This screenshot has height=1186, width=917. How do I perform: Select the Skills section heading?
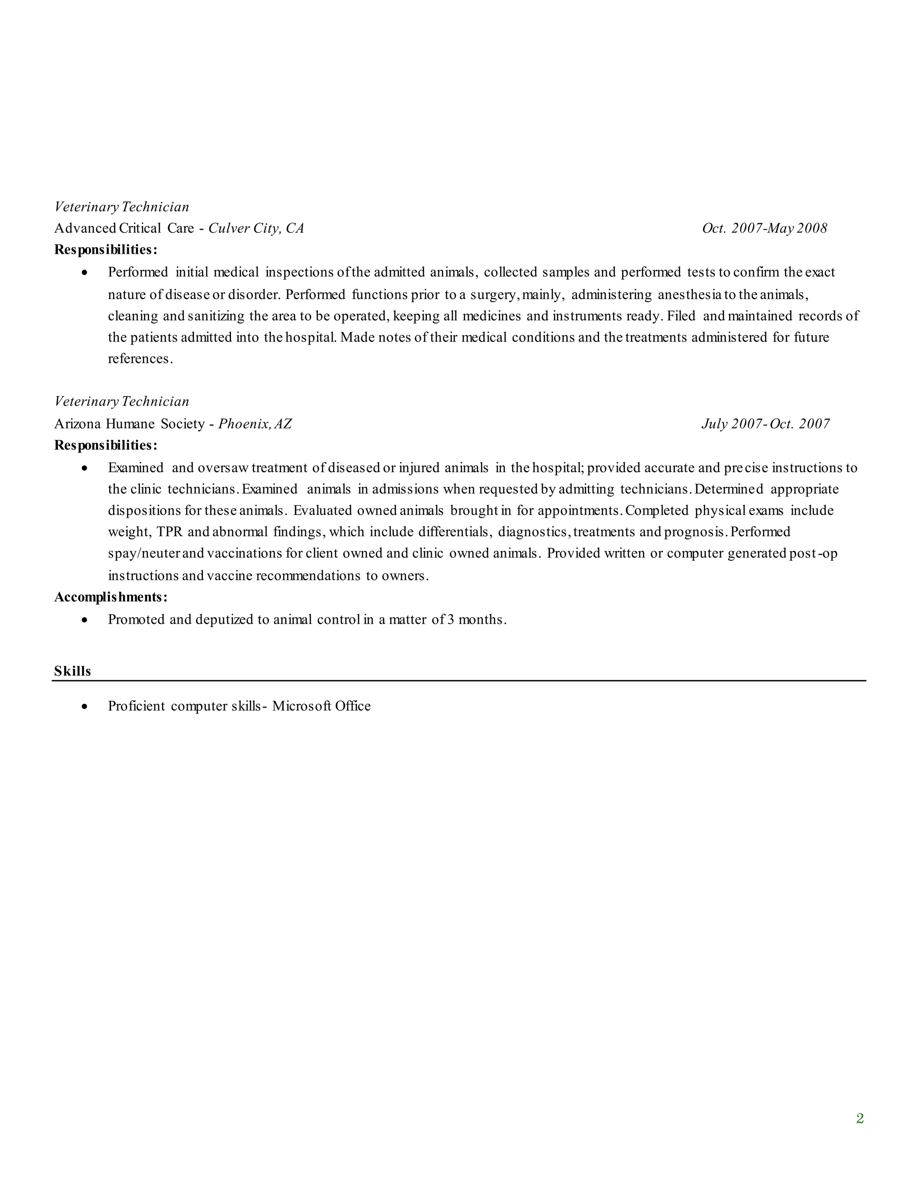(x=72, y=671)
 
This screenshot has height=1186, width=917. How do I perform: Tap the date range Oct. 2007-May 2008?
(x=764, y=228)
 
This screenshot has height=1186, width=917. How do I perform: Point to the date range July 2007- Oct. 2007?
(x=765, y=423)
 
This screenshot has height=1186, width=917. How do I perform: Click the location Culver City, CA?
(x=256, y=228)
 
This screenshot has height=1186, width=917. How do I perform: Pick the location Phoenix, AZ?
(x=255, y=423)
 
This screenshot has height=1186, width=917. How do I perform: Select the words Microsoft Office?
(x=321, y=706)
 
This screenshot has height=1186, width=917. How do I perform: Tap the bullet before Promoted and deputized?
(x=84, y=619)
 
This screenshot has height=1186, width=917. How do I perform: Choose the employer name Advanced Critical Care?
(x=124, y=228)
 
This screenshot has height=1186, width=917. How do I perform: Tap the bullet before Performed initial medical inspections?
(x=84, y=272)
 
